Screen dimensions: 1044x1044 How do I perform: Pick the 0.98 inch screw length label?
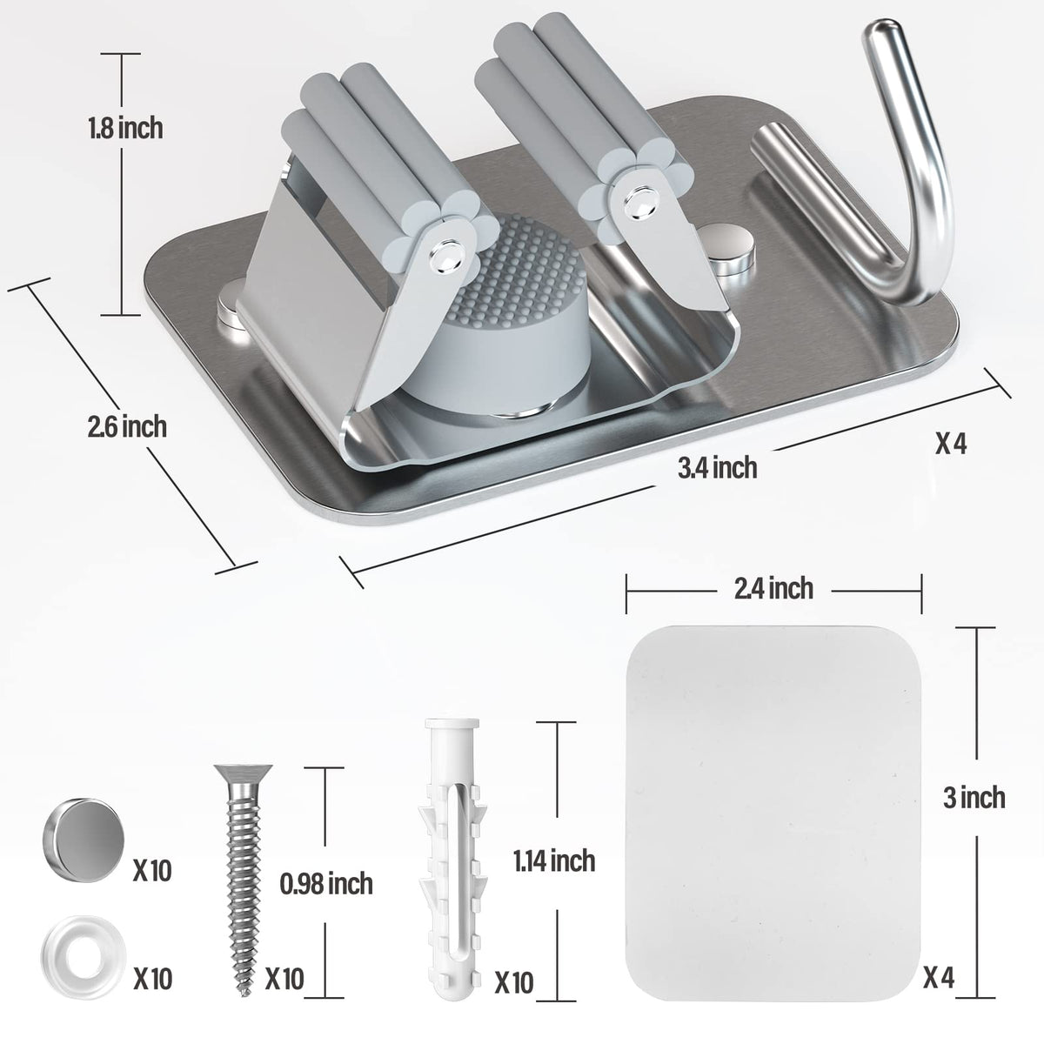[x=326, y=883]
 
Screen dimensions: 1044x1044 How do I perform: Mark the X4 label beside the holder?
[x=951, y=444]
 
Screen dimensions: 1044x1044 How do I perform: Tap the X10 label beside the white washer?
[x=153, y=977]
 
